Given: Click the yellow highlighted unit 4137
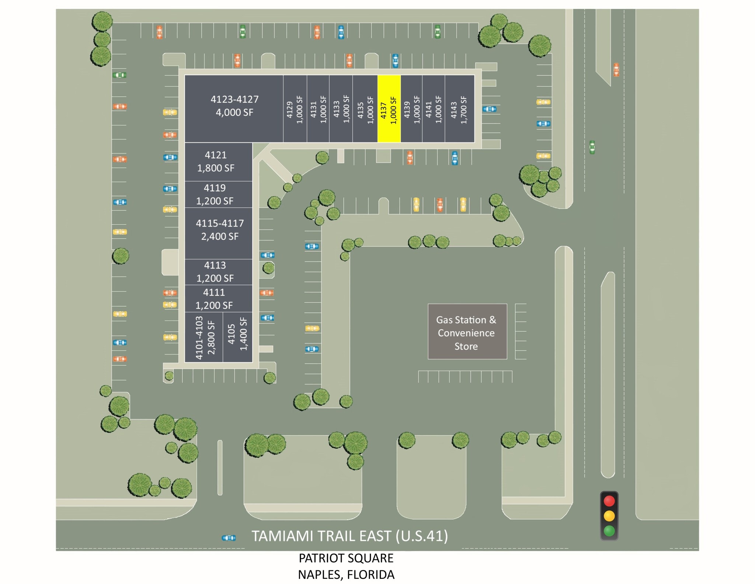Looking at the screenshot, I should [x=389, y=109].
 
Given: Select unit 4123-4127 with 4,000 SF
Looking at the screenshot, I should [x=234, y=107].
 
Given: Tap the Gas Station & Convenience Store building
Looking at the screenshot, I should [x=467, y=331].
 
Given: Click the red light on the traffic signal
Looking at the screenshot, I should [x=609, y=501].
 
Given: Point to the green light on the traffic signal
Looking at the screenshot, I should [x=609, y=531].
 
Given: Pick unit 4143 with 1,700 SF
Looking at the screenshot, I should [x=459, y=109].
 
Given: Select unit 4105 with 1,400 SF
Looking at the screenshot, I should [x=237, y=337].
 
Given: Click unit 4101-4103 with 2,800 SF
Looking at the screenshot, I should [x=204, y=337].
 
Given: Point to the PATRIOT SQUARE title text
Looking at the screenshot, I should [x=346, y=558].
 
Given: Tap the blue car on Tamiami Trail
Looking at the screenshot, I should [x=229, y=538].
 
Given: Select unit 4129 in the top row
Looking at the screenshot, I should [x=295, y=109].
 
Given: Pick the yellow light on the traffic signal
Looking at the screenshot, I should [x=609, y=516].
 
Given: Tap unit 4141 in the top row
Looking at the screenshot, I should [x=433, y=109].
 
